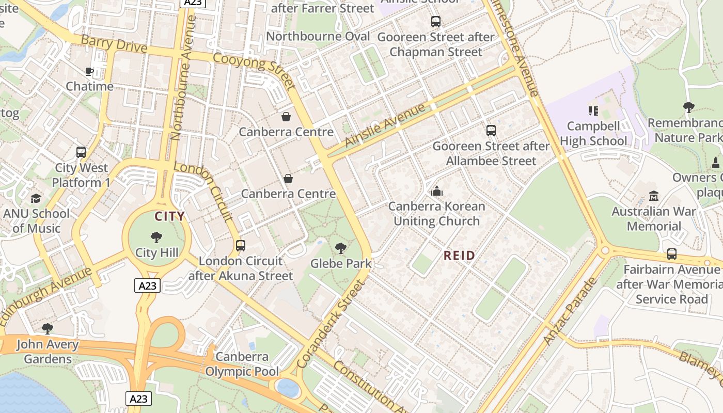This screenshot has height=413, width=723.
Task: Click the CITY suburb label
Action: click(x=169, y=216)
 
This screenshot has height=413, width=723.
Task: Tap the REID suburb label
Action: click(x=459, y=256)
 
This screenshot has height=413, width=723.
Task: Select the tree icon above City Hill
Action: click(x=156, y=237)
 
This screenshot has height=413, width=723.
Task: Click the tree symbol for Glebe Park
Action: click(x=340, y=248)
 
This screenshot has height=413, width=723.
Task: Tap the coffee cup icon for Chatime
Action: click(x=89, y=71)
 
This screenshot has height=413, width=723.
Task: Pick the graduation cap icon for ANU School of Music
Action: click(x=36, y=198)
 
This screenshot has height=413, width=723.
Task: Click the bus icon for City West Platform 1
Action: click(x=81, y=152)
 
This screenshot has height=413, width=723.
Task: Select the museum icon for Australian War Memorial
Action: click(x=654, y=196)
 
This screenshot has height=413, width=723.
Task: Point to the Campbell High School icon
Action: click(x=593, y=110)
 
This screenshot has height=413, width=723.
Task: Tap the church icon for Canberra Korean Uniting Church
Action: click(x=437, y=191)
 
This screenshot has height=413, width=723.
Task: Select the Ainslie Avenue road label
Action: click(x=385, y=124)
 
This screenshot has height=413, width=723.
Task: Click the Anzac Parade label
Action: click(x=570, y=311)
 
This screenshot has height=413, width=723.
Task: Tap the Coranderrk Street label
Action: click(x=331, y=324)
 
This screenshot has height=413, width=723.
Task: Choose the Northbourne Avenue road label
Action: click(x=183, y=77)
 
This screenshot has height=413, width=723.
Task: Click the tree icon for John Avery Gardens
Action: click(x=48, y=328)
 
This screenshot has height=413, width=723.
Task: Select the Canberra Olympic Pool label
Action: click(x=242, y=364)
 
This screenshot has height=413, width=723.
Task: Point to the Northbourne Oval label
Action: click(x=318, y=36)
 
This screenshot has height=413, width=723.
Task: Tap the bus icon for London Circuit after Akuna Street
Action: click(x=241, y=246)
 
